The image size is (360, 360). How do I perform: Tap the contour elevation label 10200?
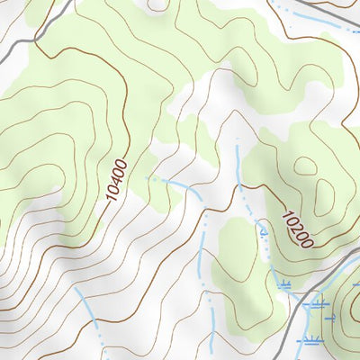296,229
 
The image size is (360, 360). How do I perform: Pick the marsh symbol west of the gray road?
286,285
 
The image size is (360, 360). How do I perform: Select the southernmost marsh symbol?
311,340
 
